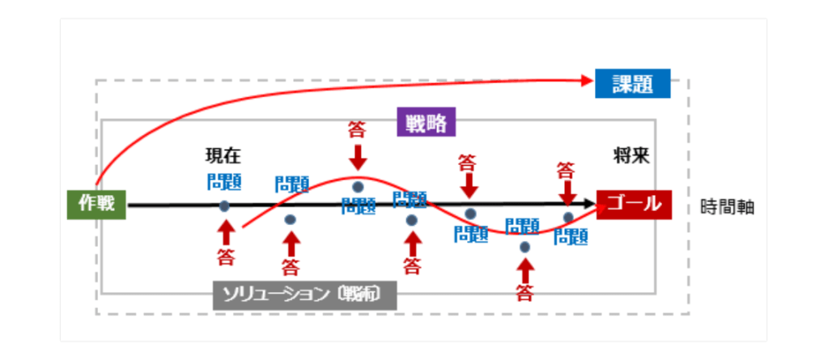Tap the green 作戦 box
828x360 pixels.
coord(96,204)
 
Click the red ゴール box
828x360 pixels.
coord(634,204)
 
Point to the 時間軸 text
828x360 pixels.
coord(727,206)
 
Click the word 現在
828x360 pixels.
coord(223,155)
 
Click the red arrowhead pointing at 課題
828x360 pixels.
coord(588,79)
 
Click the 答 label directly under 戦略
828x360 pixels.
coord(357,129)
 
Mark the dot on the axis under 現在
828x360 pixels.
coord(224,205)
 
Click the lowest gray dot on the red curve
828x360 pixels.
coord(524,247)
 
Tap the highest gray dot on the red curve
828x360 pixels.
coord(358,187)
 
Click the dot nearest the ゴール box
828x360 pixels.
coord(568,217)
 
